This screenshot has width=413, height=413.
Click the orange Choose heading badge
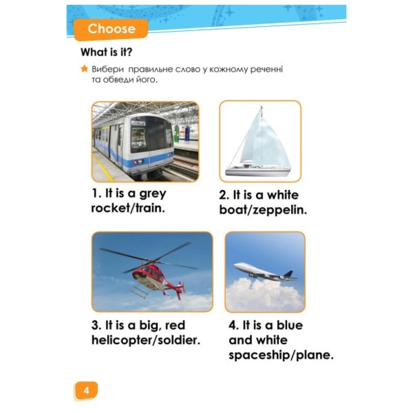(x=111, y=29)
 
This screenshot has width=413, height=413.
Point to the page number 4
(x=86, y=390)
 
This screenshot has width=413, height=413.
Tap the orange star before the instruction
(x=84, y=69)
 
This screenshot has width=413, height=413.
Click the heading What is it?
(x=107, y=52)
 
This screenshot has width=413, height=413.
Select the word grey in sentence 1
(x=153, y=194)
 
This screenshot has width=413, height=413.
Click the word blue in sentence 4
(x=290, y=325)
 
